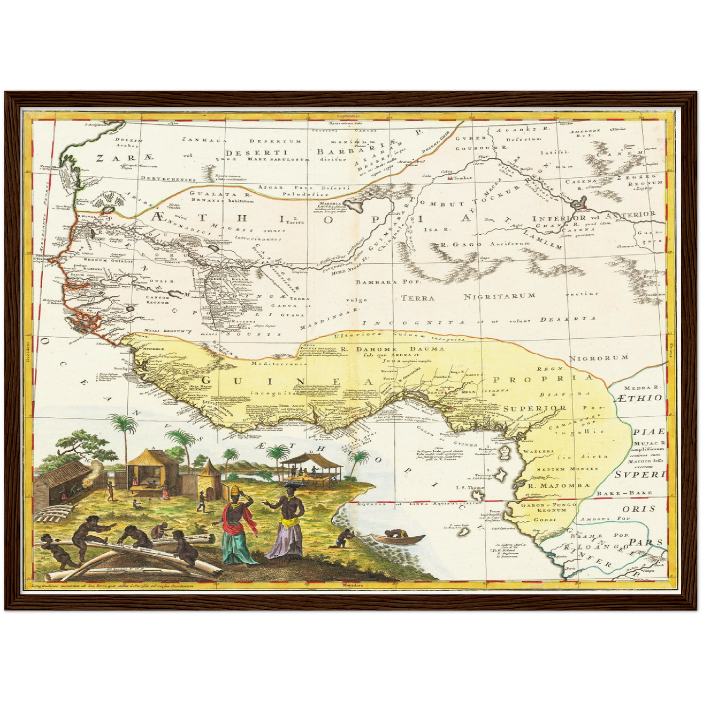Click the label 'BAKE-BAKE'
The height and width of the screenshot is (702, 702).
631,493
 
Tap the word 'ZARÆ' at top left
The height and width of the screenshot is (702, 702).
124,158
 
